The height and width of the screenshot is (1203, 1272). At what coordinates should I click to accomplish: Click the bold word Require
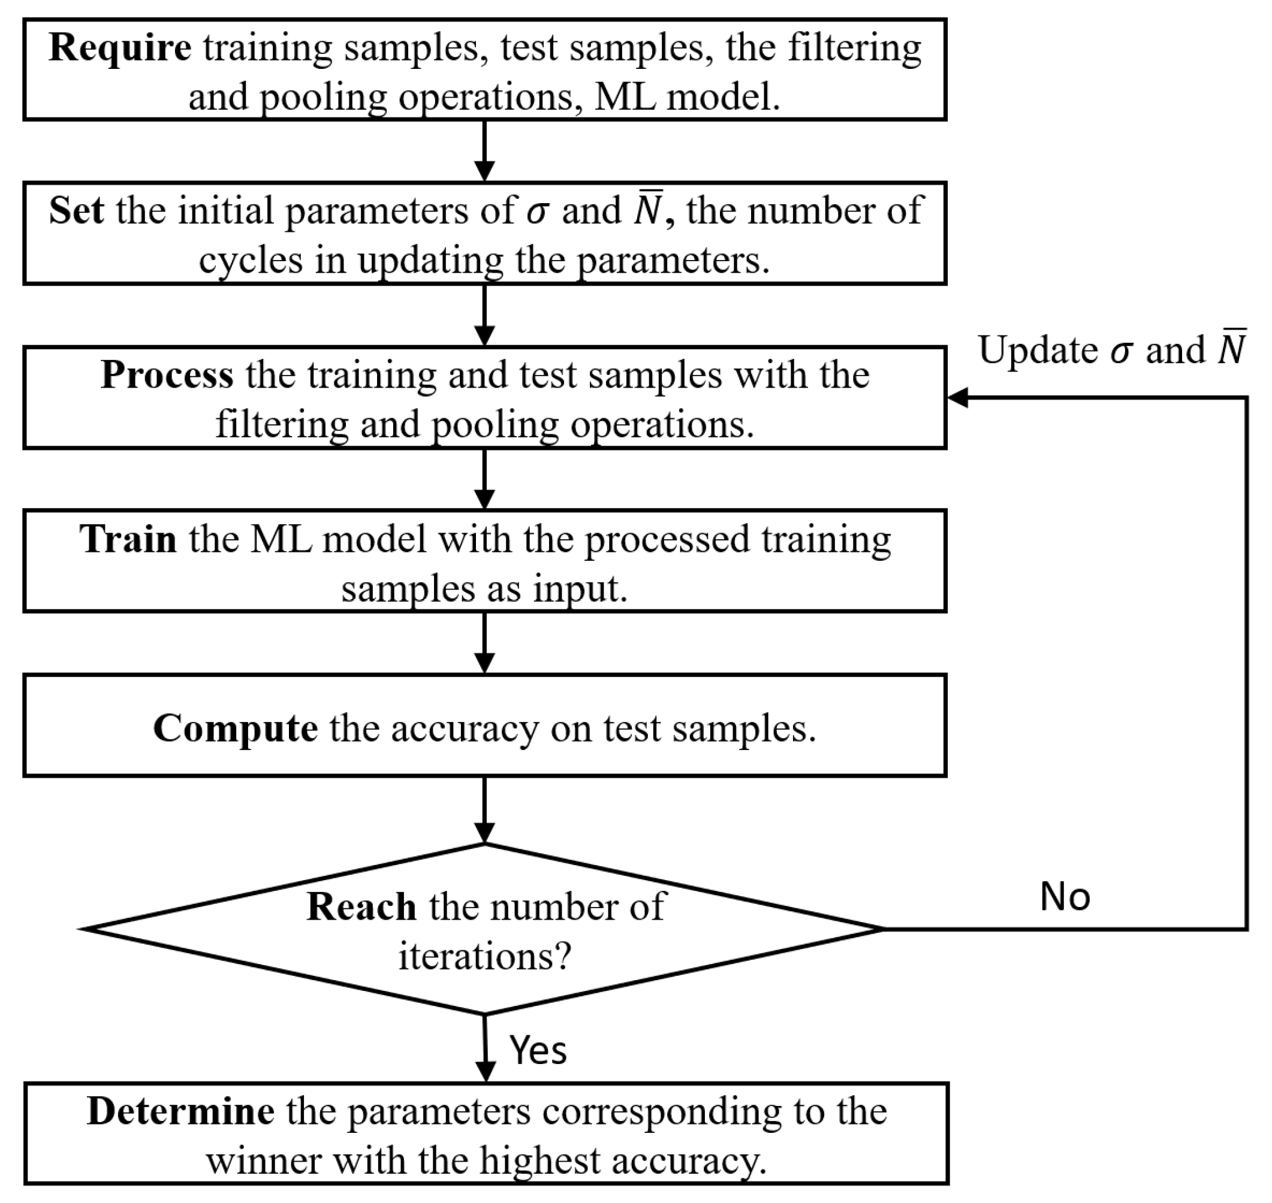pos(120,48)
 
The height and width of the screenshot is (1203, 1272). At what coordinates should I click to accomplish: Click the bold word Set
pos(76,211)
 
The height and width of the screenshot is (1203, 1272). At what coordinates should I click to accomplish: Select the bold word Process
pos(167,374)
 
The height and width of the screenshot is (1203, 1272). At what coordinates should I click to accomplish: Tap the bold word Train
pos(128,539)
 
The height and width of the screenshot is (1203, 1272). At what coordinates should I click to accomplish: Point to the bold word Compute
pos(235,729)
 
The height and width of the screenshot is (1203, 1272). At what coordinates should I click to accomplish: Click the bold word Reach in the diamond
pos(361,908)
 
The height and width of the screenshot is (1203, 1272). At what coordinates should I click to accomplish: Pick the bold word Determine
pos(181,1112)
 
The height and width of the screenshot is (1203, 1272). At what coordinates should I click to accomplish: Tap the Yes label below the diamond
pos(538,1050)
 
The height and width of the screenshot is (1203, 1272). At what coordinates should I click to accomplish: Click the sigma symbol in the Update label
pos(1120,352)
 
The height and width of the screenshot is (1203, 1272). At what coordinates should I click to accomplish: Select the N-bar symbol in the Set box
pos(648,211)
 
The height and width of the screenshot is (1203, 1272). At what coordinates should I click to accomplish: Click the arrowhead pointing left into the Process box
pos(958,398)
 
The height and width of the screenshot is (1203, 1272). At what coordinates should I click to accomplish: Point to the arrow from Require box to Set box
pos(484,151)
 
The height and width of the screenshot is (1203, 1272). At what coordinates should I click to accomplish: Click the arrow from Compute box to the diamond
pos(484,810)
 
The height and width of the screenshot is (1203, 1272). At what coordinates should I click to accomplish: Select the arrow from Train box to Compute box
pos(484,643)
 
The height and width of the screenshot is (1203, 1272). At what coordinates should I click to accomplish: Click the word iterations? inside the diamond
pos(484,957)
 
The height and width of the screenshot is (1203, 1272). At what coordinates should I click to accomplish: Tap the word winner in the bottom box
pos(264,1162)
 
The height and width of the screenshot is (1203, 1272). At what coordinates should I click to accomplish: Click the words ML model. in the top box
pos(687,98)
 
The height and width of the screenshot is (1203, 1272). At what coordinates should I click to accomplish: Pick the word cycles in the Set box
pos(250,261)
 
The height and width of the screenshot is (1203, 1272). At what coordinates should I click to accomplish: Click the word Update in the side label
pos(1038,352)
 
